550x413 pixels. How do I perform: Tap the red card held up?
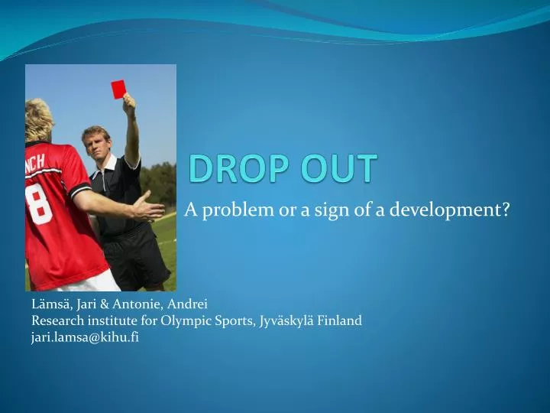(x=118, y=89)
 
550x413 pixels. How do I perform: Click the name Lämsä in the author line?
(x=47, y=304)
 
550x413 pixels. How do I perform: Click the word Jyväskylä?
(x=290, y=320)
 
